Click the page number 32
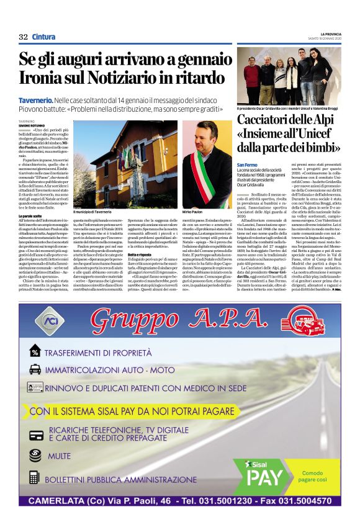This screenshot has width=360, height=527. point(23,37)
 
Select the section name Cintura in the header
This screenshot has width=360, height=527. point(43,37)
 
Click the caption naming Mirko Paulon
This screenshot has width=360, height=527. point(194,213)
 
